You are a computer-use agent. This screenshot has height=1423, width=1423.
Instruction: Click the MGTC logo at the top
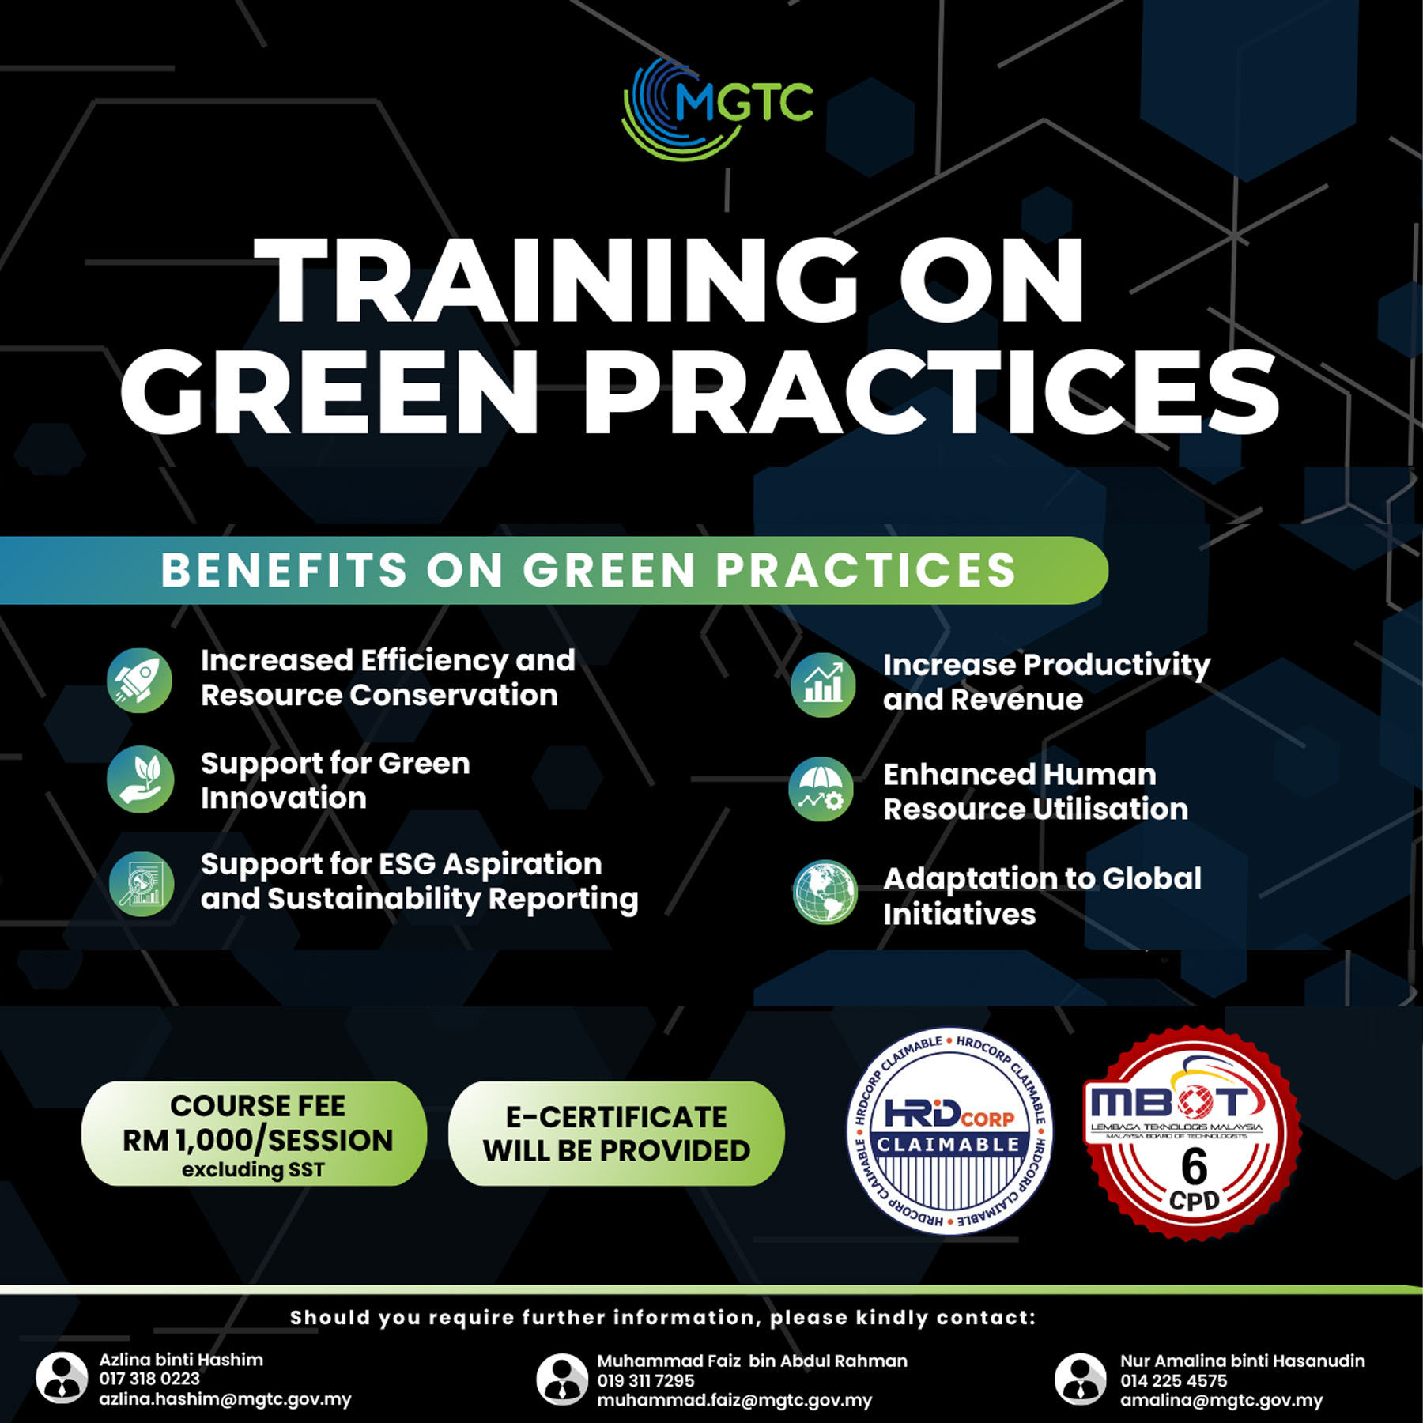[717, 108]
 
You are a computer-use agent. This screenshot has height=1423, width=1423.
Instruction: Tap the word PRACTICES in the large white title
[931, 392]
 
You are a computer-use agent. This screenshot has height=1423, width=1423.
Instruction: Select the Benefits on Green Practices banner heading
[588, 570]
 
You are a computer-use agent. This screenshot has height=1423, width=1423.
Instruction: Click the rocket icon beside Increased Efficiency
[140, 681]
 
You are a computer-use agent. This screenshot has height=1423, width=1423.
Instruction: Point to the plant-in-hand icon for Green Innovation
[140, 779]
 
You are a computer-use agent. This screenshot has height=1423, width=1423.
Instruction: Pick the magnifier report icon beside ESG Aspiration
[142, 884]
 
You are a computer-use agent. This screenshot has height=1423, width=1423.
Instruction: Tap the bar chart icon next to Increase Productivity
[823, 685]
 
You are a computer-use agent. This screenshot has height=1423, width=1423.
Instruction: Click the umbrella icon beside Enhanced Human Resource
[821, 789]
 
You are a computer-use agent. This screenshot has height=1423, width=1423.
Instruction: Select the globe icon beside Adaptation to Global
[825, 893]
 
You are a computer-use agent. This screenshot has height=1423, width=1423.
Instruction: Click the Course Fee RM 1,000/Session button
[255, 1134]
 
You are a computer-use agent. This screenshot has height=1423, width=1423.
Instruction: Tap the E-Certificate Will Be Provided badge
[617, 1134]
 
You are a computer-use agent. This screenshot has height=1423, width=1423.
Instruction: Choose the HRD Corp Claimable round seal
[949, 1131]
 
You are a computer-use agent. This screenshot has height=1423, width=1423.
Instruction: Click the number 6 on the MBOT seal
[1194, 1166]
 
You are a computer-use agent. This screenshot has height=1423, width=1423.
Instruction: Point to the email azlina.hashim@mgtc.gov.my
[225, 1399]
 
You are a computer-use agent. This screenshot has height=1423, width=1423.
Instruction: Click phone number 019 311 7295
[646, 1380]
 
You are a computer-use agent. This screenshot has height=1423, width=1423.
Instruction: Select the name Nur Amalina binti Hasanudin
[1243, 1361]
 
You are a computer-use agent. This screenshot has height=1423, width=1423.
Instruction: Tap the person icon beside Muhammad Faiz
[562, 1380]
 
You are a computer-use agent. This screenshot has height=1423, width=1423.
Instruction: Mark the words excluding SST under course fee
[253, 1169]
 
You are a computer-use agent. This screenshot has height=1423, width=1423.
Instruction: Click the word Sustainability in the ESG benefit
[374, 900]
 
